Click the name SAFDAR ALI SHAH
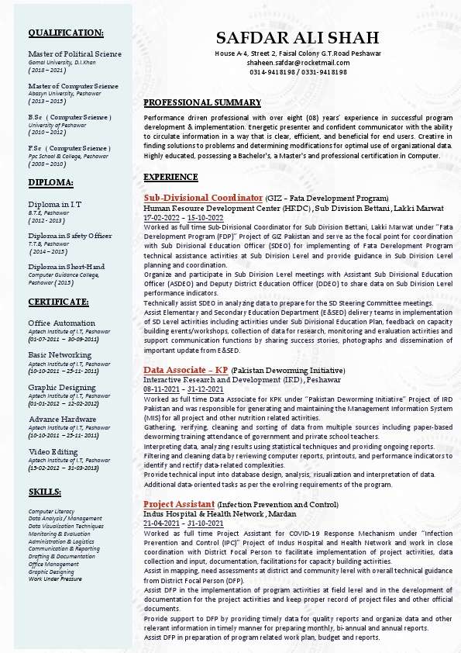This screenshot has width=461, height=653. pyautogui.click(x=298, y=38)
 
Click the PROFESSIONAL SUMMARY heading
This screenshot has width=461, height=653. pyautogui.click(x=202, y=102)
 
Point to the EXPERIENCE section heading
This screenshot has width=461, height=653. pyautogui.click(x=171, y=177)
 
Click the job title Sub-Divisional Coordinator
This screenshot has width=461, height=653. pyautogui.click(x=203, y=198)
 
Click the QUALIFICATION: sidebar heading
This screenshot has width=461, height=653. pyautogui.click(x=65, y=33)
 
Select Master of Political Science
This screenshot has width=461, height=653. pyautogui.click(x=74, y=54)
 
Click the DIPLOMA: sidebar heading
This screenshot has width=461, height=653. pyautogui.click(x=50, y=182)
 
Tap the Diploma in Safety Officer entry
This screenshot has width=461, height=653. pyautogui.click(x=70, y=235)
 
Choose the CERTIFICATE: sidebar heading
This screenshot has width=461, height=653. pyautogui.click(x=58, y=301)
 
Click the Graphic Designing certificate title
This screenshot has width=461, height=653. pyautogui.click(x=62, y=387)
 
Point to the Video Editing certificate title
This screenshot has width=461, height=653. pyautogui.click(x=53, y=451)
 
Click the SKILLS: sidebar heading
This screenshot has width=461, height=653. pyautogui.click(x=45, y=492)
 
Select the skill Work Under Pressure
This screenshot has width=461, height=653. pyautogui.click(x=55, y=579)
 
